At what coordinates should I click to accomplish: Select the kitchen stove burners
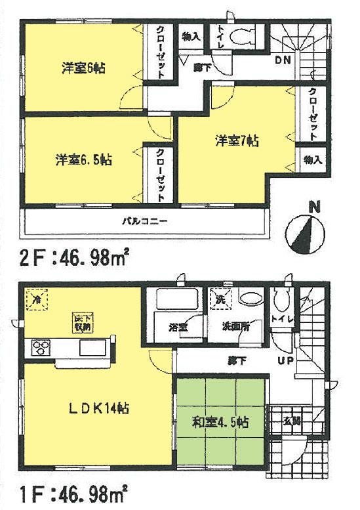click(x=39, y=347)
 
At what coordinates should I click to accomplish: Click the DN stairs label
click(x=283, y=60)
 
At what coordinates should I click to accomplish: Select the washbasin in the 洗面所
click(x=250, y=299)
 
